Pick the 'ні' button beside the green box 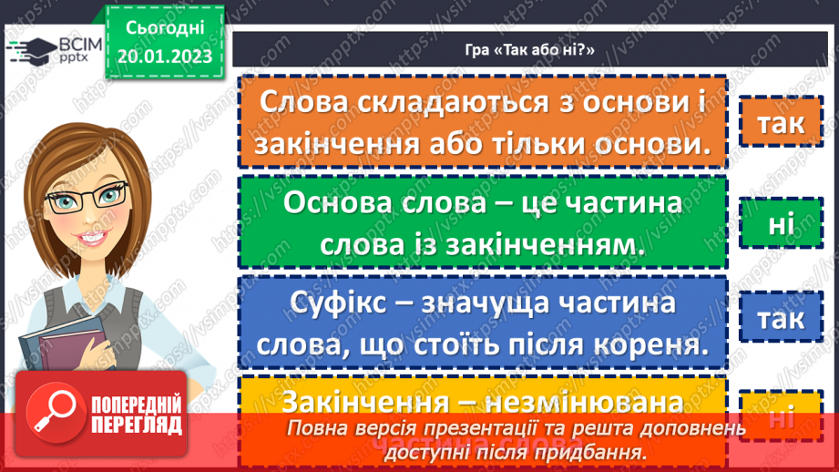pos(780,221)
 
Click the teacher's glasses pos(89,196)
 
